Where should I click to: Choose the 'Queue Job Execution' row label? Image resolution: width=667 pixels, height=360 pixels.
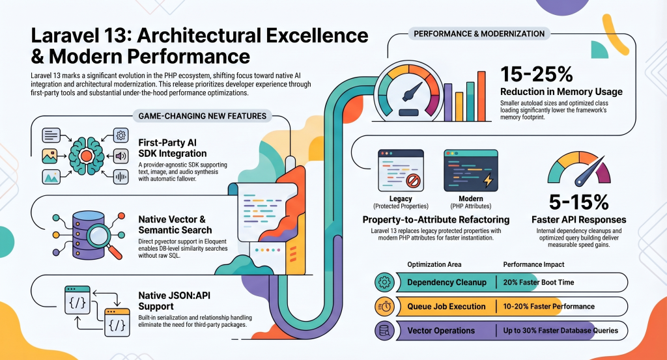pos(446,307)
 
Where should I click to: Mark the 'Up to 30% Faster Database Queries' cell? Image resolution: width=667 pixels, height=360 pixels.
pos(560,331)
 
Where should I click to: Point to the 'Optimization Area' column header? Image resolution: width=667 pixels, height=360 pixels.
pos(434,264)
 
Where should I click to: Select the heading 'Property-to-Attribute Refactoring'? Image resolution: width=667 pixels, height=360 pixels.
pos(436,220)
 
